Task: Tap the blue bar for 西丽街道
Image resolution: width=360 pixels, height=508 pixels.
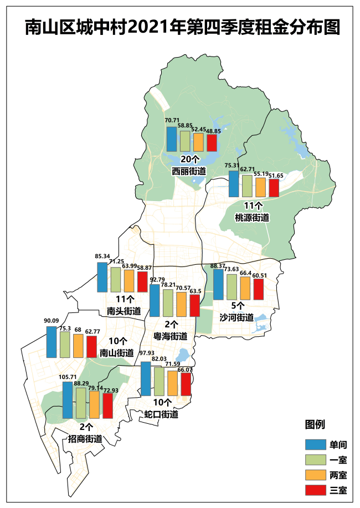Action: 172,139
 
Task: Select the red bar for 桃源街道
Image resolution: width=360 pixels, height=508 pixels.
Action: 274,188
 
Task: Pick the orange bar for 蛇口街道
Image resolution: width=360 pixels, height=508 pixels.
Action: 172,383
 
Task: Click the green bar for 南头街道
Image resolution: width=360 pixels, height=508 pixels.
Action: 116,280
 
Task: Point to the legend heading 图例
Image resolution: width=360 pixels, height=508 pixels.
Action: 315,424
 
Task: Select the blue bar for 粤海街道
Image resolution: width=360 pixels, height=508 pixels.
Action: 155,301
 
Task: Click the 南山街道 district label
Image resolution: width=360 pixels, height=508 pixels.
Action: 116,352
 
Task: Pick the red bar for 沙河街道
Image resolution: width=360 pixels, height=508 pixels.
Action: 258,289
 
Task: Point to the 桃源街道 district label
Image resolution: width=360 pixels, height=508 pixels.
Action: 252,218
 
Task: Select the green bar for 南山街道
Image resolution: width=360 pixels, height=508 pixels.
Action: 65,345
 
